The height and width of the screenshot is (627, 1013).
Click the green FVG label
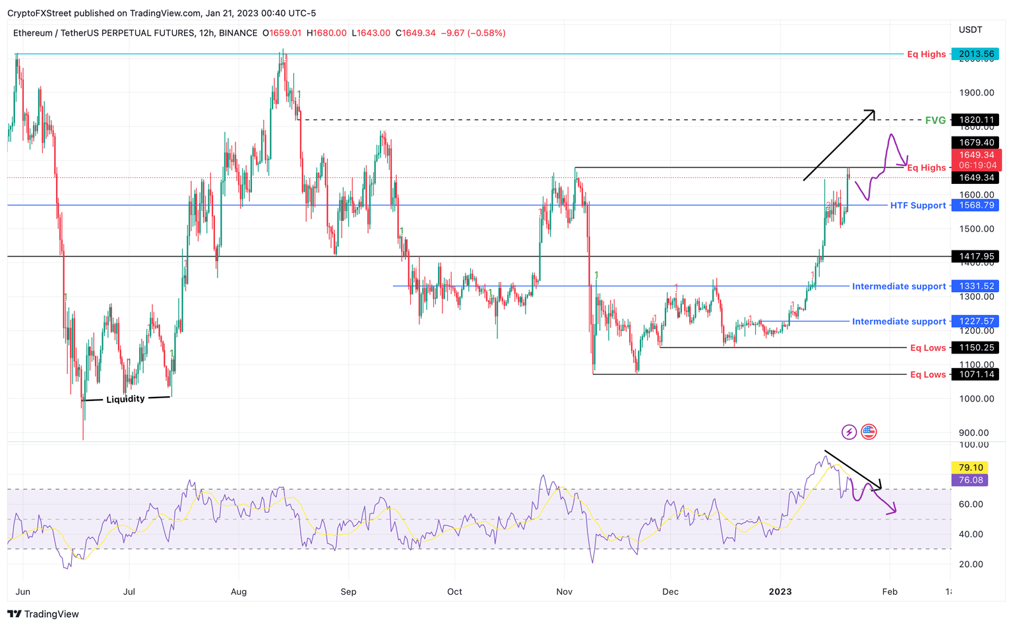coord(935,120)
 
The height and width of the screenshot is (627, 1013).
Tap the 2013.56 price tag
coord(976,54)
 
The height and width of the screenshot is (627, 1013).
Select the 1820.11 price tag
coord(976,120)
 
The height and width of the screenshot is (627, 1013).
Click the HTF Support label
coord(917,206)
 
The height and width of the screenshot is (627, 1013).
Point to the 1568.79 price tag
coord(976,206)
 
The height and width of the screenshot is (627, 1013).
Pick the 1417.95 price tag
coord(976,256)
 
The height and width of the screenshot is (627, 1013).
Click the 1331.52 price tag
coord(976,286)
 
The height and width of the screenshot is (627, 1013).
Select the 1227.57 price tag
coord(976,322)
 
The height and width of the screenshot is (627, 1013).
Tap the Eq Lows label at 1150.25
coord(927,348)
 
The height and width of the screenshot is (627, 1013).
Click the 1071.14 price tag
coord(976,374)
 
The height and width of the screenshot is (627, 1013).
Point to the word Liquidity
coord(125,399)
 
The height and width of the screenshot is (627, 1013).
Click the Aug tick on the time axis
coord(239,591)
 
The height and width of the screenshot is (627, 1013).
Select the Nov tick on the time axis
coord(564,591)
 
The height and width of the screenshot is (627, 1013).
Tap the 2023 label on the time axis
coord(780,591)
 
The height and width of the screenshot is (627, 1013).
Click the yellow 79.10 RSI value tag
coord(971,467)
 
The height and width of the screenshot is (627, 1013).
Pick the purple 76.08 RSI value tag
coord(971,480)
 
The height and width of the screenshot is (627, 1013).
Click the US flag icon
coord(869,433)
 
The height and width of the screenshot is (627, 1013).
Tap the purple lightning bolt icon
coord(849,433)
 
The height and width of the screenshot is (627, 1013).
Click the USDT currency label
coord(970,30)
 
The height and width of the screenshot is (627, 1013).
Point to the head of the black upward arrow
coord(874,111)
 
